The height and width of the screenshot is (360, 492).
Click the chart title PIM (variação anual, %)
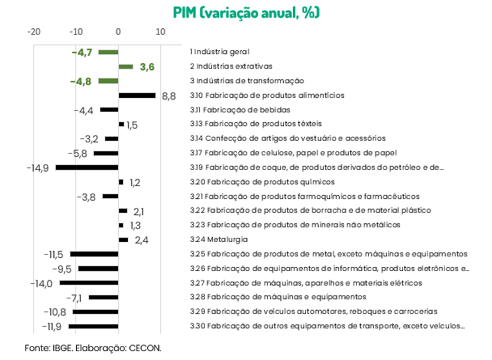click(246, 12)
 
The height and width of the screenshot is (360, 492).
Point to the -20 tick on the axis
click(33, 32)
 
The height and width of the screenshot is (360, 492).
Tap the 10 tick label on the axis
click(160, 32)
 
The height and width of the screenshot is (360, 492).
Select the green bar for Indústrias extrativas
click(126, 67)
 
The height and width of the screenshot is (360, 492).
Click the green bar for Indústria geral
click(108, 52)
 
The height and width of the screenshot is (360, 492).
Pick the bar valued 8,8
click(137, 96)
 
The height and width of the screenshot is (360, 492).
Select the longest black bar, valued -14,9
click(87, 167)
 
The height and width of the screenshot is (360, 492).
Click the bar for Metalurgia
click(123, 240)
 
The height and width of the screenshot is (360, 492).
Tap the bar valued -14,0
click(89, 283)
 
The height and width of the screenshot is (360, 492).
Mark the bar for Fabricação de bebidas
click(109, 110)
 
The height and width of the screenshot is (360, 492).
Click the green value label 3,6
click(147, 67)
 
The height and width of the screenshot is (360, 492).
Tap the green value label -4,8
click(81, 81)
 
